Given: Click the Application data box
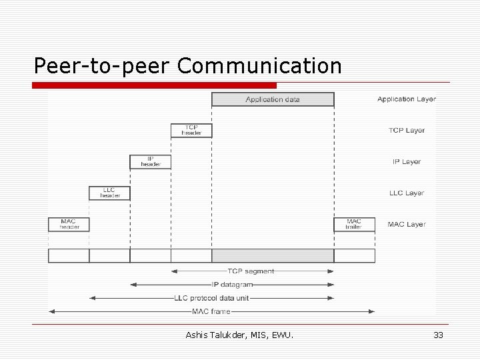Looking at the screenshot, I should [x=273, y=99].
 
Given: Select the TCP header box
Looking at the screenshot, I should [x=191, y=130].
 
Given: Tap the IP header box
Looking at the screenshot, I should [x=150, y=161].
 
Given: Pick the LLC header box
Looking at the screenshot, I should [x=109, y=193].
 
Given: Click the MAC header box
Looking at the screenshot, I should [x=68, y=224].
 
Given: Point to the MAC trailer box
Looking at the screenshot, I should [x=354, y=224].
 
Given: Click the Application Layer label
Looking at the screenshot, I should [x=407, y=99].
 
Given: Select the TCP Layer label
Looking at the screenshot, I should [x=407, y=131].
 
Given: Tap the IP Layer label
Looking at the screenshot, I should [x=407, y=162].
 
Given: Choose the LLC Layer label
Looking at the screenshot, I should [x=407, y=193].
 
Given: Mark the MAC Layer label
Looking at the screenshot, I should [x=407, y=225].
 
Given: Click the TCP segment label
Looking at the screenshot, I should [x=251, y=271].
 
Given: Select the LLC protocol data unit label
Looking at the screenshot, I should [x=211, y=298].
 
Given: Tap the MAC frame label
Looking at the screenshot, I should [x=211, y=311].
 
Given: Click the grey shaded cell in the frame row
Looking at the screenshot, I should [x=273, y=255].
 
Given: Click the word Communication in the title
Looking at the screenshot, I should [x=260, y=66].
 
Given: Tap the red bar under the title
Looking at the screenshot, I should [x=155, y=85].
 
